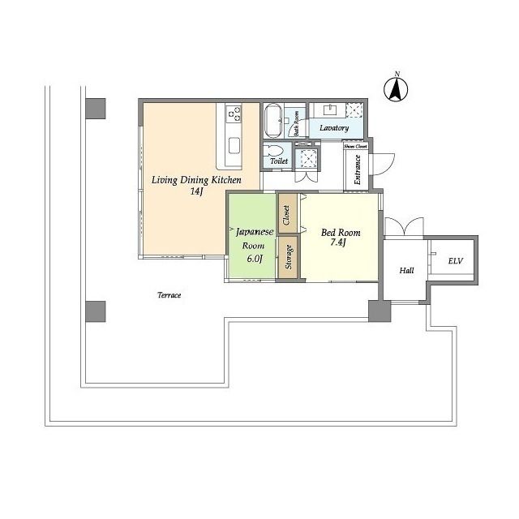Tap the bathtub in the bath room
pyautogui.click(x=273, y=122)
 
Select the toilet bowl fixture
pyautogui.click(x=276, y=152)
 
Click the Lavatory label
pyautogui.click(x=334, y=128)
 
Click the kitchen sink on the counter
pyautogui.click(x=234, y=146)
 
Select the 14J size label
pyautogui.click(x=195, y=192)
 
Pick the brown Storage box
pyautogui.click(x=288, y=256)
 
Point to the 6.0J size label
pyautogui.click(x=253, y=259)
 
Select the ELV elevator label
pyautogui.click(x=454, y=260)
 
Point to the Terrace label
pyautogui.click(x=169, y=295)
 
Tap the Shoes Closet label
pyautogui.click(x=355, y=146)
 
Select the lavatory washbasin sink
pyautogui.click(x=332, y=110)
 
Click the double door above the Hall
pyautogui.click(x=404, y=226)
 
